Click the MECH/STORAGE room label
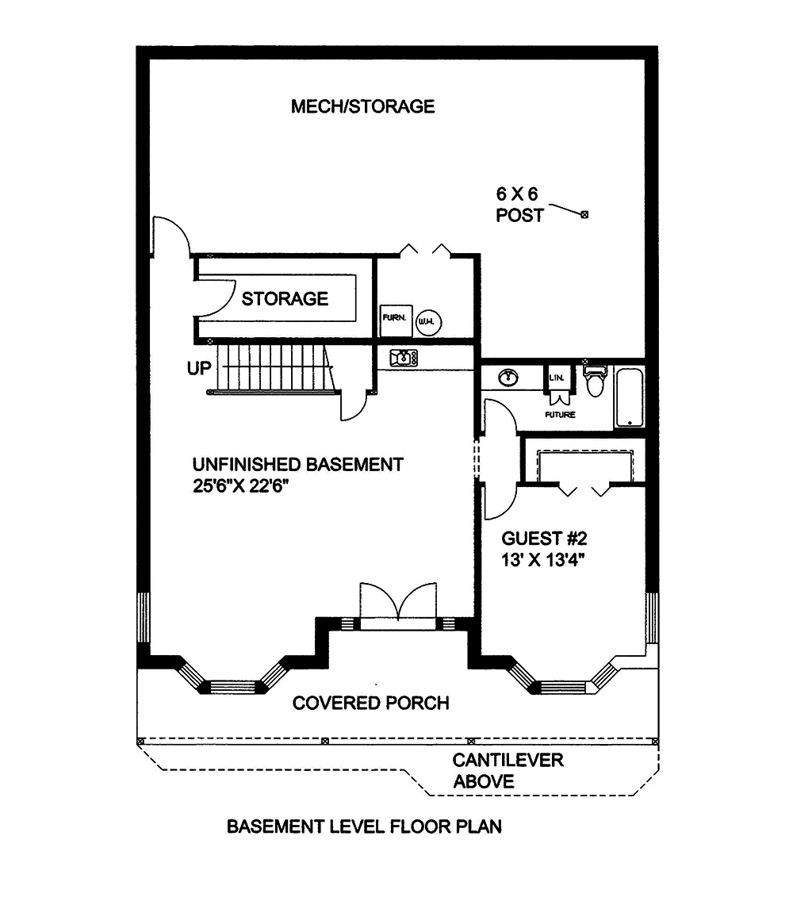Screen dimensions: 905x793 point(362,106)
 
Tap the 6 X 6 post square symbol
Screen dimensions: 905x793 point(585,214)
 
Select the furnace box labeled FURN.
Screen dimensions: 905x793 point(394,318)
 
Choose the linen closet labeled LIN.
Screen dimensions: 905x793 point(555,379)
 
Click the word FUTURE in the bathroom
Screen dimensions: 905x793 point(560,415)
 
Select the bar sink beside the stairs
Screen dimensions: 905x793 point(404,359)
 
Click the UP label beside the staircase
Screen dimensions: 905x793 point(199,369)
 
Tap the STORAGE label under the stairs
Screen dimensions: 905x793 point(285,299)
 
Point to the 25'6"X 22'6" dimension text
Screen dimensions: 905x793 point(239,486)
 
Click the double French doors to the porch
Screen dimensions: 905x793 point(398,608)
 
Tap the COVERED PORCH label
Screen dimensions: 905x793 point(370,703)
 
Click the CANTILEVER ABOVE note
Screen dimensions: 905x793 point(508,770)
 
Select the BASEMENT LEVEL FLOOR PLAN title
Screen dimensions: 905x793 point(364,827)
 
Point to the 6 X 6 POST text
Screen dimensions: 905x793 point(520,204)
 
